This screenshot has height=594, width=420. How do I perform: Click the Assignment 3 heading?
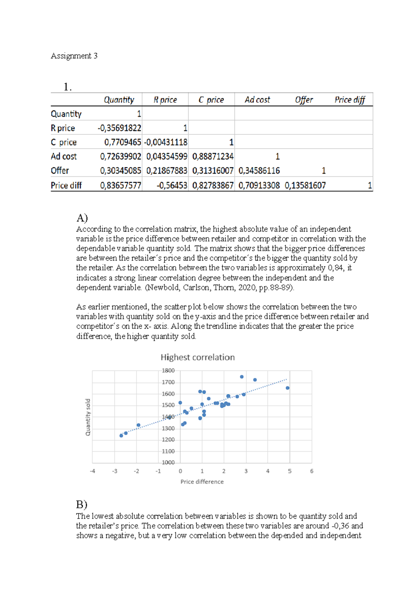[x=74, y=56]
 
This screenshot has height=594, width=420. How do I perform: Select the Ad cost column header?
[x=257, y=100]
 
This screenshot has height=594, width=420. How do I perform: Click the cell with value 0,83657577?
[x=120, y=185]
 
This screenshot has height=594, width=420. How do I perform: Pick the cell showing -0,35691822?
[x=119, y=128]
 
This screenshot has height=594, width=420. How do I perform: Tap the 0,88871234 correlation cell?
[x=213, y=156]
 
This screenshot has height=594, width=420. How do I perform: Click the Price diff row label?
[x=66, y=185]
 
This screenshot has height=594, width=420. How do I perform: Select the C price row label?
[x=64, y=142]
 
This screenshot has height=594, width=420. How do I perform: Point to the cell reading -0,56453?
[x=171, y=185]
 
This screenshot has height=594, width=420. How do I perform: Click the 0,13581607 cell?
[x=305, y=185]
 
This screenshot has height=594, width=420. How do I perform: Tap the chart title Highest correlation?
[x=197, y=358]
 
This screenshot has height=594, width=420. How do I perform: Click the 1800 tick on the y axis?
[x=168, y=370]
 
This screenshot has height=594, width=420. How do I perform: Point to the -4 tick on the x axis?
[x=92, y=471]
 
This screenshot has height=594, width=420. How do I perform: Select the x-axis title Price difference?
[x=202, y=482]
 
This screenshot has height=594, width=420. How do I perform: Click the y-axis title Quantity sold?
[x=88, y=417]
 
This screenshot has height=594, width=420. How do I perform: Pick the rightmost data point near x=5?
[x=288, y=388]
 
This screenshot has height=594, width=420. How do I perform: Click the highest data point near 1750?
[x=242, y=377]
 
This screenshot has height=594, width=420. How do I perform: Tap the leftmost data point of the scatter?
[x=121, y=436]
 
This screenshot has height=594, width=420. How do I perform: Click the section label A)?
[x=82, y=218]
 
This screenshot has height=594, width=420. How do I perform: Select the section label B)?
[x=82, y=504]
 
